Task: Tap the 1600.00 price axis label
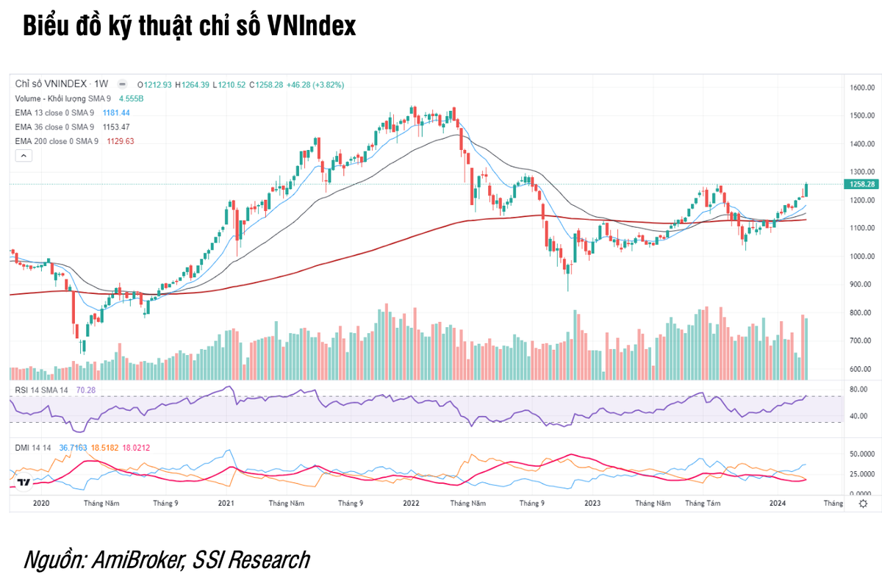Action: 860,87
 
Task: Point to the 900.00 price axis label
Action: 861,284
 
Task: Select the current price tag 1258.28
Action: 860,184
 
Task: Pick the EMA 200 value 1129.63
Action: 121,141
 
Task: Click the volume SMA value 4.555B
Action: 131,99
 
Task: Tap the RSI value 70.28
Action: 87,390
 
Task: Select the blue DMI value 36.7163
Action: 73,447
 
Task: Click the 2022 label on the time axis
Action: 410,504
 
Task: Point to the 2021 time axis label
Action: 226,504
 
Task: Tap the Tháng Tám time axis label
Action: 703,504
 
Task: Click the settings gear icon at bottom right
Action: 863,504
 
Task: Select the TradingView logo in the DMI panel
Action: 24,482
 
